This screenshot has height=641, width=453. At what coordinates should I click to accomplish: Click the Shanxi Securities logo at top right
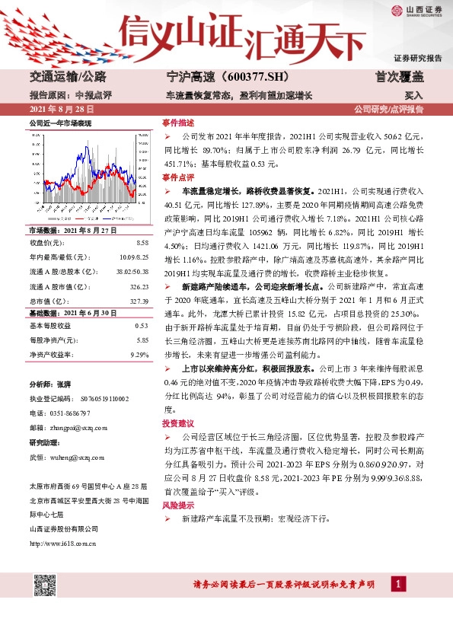416,11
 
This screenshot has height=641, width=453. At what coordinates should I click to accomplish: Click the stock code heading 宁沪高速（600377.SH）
218,77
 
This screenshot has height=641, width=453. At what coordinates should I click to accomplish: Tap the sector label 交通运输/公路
66,77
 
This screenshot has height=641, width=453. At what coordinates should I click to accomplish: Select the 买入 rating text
413,96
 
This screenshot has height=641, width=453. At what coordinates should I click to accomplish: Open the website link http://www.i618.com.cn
62,543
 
